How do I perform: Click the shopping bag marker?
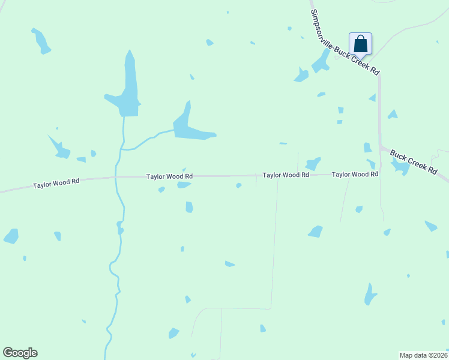click(360, 44)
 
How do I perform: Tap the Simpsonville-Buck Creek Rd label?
click(345, 43)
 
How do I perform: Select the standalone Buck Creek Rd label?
click(414, 161)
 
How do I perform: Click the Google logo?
click(20, 353)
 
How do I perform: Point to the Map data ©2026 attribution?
click(423, 355)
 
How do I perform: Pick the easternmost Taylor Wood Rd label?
click(355, 174)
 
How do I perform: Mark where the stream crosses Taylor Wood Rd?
click(116, 178)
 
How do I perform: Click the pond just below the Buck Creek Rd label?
click(400, 167)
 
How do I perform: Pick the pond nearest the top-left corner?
click(41, 41)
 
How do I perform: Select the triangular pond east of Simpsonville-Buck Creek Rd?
click(393, 114)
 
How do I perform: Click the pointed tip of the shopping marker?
click(360, 58)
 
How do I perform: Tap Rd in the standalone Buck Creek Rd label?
click(432, 169)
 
